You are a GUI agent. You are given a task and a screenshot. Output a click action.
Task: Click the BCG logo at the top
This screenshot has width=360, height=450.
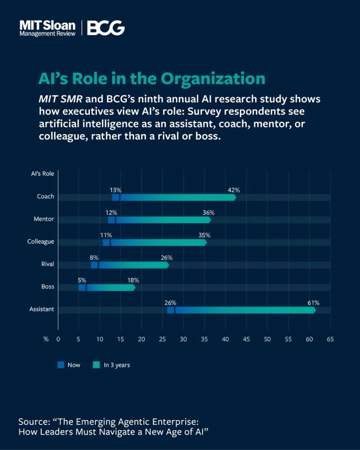click(x=106, y=28)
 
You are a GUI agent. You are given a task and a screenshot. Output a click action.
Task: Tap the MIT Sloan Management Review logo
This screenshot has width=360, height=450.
click(x=47, y=28)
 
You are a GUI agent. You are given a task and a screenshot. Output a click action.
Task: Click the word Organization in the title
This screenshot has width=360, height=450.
click(x=213, y=79)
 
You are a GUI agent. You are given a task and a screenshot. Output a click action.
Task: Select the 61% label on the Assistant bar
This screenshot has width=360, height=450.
click(x=313, y=303)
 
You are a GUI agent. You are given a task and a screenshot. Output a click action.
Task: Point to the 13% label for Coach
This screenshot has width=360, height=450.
click(x=115, y=190)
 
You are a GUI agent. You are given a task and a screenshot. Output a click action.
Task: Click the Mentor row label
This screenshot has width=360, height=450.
click(x=44, y=219)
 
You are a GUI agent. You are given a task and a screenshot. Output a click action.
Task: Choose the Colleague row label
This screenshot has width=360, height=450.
click(x=40, y=241)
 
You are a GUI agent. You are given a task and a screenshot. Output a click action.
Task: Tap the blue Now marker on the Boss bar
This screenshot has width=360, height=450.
click(x=82, y=287)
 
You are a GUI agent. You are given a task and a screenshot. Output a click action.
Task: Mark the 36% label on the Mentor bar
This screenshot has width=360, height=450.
click(x=208, y=212)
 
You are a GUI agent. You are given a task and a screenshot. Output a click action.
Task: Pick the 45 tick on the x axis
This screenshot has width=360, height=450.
click(x=246, y=339)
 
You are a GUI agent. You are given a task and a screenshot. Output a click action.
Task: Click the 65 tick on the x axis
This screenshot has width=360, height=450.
click(x=330, y=339)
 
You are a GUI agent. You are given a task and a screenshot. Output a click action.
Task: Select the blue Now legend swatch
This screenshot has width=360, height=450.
click(x=61, y=365)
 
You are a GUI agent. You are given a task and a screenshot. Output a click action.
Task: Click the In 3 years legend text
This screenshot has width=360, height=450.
click(x=117, y=365)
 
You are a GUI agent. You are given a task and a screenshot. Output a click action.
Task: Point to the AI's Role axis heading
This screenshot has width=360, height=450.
click(x=43, y=174)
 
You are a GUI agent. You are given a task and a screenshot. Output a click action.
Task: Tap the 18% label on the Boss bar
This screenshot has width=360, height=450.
click(x=133, y=280)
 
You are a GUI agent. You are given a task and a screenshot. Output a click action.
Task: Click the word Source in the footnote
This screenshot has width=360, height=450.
click(x=34, y=422)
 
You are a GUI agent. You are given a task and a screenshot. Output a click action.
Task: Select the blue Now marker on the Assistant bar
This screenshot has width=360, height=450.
click(x=170, y=310)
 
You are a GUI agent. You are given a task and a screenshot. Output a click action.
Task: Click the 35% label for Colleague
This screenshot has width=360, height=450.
click(x=204, y=235)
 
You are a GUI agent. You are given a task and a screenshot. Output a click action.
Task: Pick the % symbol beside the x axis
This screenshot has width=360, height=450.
click(x=46, y=339)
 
